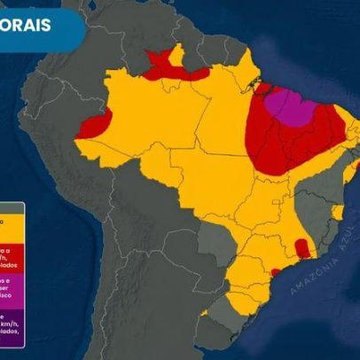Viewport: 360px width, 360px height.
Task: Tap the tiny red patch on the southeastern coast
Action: click(277, 271)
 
